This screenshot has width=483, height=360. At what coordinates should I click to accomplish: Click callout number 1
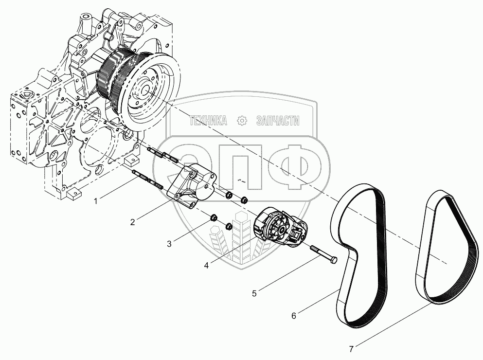[95, 201]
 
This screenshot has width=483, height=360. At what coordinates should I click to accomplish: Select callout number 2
[132, 222]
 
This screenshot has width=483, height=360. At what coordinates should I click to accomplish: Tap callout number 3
[169, 244]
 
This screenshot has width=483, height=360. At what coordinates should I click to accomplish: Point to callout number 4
[206, 265]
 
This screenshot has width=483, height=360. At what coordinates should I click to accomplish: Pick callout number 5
[254, 293]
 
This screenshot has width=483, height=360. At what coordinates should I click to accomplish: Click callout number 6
[294, 316]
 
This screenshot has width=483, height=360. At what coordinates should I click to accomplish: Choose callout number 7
[352, 349]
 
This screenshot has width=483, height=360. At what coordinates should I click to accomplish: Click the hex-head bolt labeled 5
[324, 254]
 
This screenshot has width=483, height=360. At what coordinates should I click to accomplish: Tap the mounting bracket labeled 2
[192, 187]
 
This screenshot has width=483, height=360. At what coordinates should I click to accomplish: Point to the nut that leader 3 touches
[213, 218]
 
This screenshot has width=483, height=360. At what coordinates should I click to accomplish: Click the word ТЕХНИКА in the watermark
[208, 121]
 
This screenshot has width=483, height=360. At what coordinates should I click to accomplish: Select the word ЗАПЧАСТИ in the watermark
[278, 121]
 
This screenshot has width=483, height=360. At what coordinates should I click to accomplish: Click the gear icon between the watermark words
[242, 121]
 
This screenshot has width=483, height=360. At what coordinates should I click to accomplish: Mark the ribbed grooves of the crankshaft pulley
[110, 75]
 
